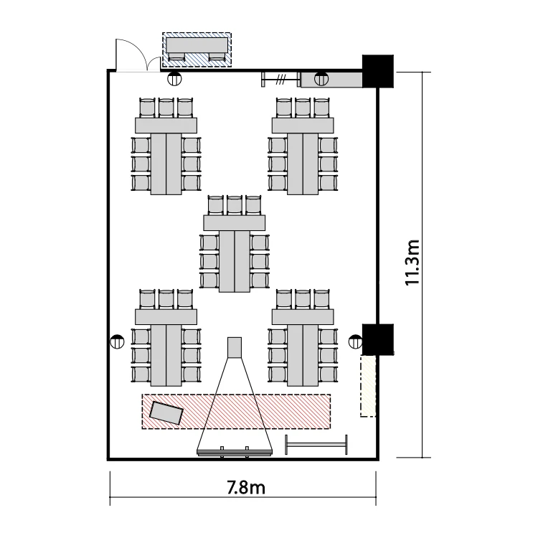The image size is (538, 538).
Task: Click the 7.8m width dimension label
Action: tap(246, 487)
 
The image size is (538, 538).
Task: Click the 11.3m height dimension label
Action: tap(412, 263)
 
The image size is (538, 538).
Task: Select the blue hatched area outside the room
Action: tap(197, 49)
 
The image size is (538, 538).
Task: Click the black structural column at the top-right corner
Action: tap(378, 71)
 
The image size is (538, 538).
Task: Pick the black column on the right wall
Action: tap(378, 339)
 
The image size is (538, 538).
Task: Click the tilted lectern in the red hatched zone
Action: tap(166, 412)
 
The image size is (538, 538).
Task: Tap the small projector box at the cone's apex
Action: tap(235, 347)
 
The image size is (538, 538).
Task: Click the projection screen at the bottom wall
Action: tap(235, 453)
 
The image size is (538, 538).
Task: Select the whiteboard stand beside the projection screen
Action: tap(316, 445)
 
